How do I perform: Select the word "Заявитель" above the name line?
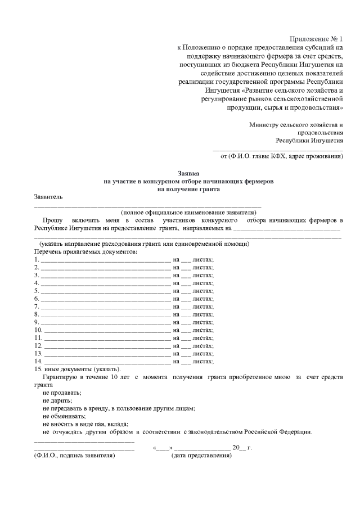[49, 197]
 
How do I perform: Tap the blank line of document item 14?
[107, 361]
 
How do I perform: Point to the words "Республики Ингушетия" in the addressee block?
[309, 140]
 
